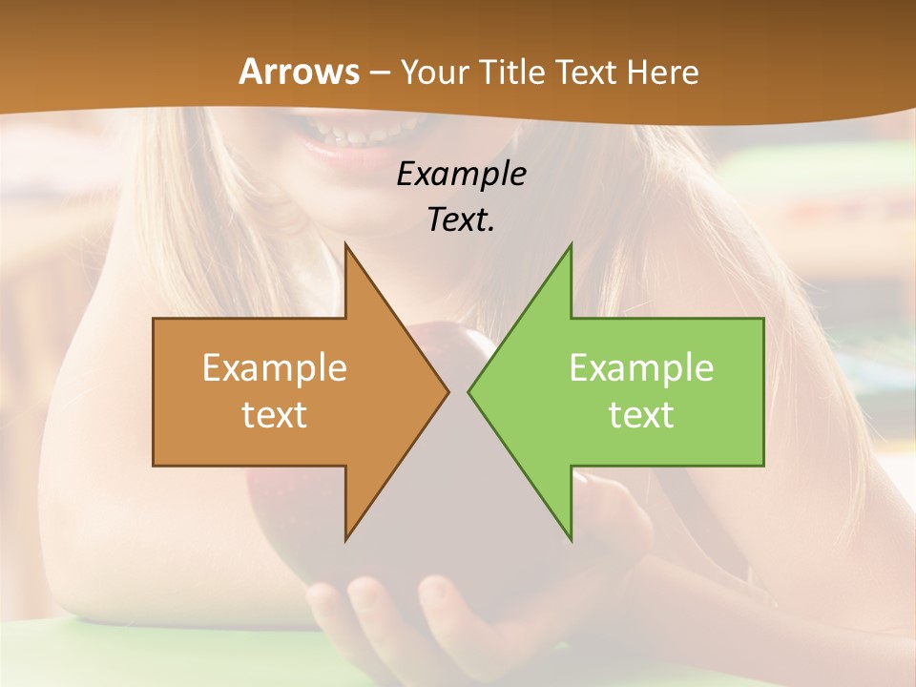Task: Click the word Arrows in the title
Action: (x=299, y=72)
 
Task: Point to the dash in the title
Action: (x=380, y=73)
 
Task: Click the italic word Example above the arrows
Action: (x=461, y=175)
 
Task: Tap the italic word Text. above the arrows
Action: (x=461, y=220)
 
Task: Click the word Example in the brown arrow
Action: (x=275, y=368)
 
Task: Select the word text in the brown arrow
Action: (x=275, y=415)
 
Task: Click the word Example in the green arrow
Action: (x=641, y=368)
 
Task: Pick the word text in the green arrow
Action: (x=641, y=415)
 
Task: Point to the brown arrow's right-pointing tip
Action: (x=448, y=391)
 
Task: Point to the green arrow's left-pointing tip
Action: (x=469, y=391)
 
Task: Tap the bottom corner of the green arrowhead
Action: (x=571, y=539)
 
